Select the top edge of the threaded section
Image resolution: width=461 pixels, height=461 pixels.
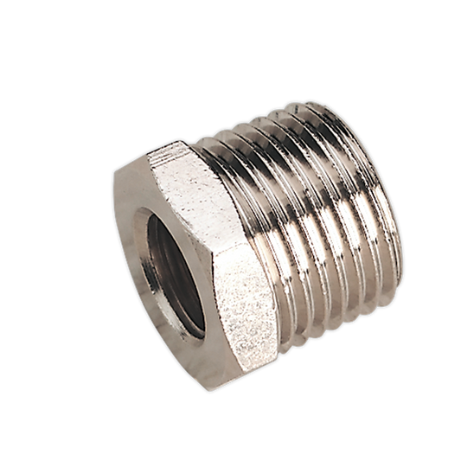(x=285, y=117)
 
